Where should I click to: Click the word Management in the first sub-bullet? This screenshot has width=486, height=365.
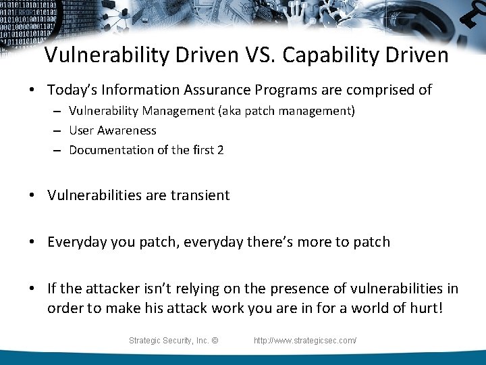pos(186,111)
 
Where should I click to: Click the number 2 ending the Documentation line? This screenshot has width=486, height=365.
pos(220,150)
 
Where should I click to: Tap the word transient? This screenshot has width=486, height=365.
pos(200,195)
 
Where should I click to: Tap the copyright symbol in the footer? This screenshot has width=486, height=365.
pos(215,341)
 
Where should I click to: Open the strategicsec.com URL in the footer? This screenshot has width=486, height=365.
pos(305,341)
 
